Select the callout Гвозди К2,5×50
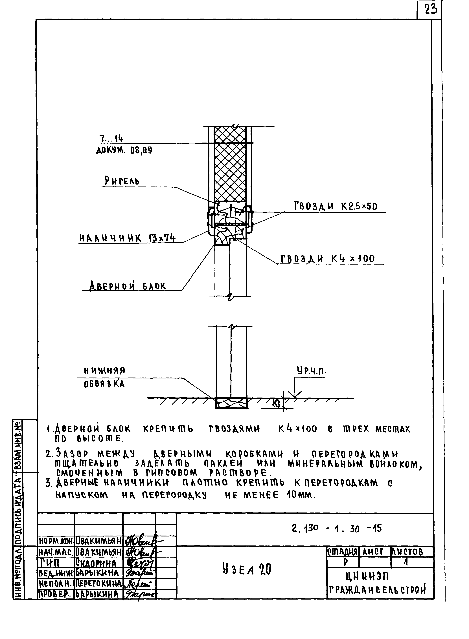[335, 206]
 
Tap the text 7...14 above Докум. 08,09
[111, 138]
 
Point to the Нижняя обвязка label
[104, 377]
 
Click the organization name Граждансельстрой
[378, 590]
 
